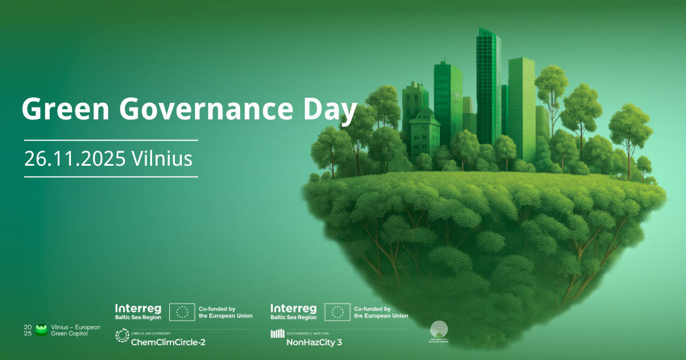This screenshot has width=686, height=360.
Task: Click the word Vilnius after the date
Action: tap(162, 159)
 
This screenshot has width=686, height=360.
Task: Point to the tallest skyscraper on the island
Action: tap(489, 86)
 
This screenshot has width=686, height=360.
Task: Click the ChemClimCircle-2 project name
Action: tap(168, 342)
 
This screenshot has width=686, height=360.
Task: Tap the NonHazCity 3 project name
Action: tap(314, 343)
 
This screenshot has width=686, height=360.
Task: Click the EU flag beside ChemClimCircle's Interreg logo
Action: tap(182, 312)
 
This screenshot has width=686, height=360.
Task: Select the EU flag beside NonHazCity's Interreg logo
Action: tap(337, 312)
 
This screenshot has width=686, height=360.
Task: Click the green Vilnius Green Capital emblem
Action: tap(41, 330)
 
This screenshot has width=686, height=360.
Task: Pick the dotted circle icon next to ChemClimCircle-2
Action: tap(122, 336)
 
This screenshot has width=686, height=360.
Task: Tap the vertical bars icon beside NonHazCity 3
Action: tap(277, 334)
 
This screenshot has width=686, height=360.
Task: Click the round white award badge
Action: tap(439, 330)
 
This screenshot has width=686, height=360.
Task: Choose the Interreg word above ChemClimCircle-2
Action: tap(138, 308)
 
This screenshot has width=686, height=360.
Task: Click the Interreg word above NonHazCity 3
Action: tap(293, 308)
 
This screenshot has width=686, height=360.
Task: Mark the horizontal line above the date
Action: tap(111, 139)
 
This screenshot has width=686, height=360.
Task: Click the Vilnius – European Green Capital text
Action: tap(75, 330)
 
